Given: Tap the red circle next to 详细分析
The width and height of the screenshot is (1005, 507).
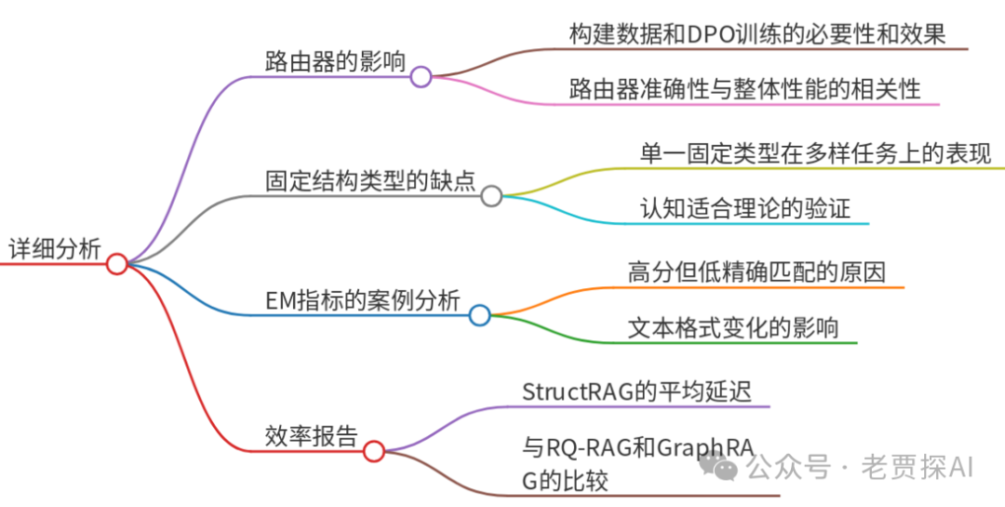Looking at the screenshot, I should click(x=116, y=264).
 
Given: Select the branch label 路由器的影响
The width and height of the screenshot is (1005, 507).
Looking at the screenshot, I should click(x=335, y=62).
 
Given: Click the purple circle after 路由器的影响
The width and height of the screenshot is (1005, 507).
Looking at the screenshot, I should click(x=421, y=76).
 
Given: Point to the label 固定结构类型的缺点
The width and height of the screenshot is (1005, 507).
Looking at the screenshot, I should click(x=370, y=181).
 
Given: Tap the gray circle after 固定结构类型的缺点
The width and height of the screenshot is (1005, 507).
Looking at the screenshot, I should click(x=491, y=195).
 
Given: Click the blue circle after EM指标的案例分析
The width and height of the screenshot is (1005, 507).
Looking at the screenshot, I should click(x=479, y=315).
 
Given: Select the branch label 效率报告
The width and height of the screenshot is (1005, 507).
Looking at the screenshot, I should click(x=311, y=436).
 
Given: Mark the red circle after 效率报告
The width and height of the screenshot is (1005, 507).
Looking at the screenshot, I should click(x=373, y=451).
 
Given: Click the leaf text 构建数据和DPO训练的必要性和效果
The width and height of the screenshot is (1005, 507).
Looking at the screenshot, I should click(x=757, y=34).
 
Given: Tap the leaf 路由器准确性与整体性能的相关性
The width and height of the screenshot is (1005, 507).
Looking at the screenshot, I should click(x=744, y=89).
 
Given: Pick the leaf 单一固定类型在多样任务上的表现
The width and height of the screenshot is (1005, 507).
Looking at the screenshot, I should click(x=816, y=153).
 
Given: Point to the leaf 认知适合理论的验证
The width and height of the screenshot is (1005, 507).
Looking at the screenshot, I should click(x=745, y=207).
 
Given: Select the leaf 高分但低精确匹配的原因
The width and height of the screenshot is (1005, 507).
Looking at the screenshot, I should click(x=756, y=272).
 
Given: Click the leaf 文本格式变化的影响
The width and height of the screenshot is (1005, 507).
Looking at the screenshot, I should click(x=733, y=327).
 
